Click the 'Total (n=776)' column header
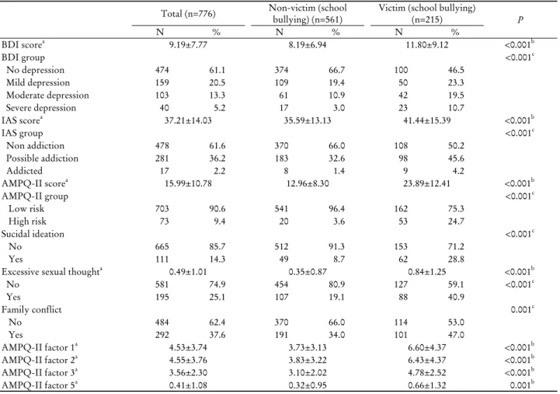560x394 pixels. point(188,14)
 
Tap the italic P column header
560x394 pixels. point(520,20)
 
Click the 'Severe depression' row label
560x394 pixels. point(41,108)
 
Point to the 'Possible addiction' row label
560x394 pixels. point(42,159)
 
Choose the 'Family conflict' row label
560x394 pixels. point(31,309)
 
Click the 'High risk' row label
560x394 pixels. point(27,221)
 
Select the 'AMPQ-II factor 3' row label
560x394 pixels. point(40,372)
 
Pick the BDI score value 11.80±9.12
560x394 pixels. point(427,45)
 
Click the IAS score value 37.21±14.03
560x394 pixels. point(188,120)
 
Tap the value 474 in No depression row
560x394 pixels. point(162,70)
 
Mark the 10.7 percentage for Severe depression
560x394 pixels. point(456,108)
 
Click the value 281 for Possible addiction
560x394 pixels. point(162,159)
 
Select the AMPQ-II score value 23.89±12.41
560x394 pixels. point(427,183)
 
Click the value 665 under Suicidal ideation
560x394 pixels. point(162,246)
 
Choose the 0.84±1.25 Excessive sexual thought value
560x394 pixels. point(427,272)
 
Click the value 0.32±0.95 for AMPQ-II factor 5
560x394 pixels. point(308,385)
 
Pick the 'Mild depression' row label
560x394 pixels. point(38,82)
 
